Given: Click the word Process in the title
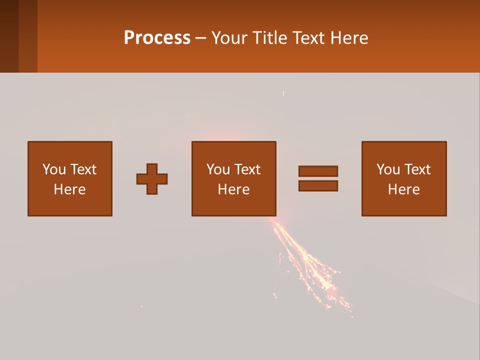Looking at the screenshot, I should (157, 38).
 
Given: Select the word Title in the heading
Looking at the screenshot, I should (270, 38).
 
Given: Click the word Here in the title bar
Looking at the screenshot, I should (350, 38).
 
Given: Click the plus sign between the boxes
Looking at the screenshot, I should (152, 179).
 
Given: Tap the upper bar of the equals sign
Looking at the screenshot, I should (318, 171).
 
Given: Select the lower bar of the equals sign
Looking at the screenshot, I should (318, 186).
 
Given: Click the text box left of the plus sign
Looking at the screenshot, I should (70, 178).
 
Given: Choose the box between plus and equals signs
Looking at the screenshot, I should (234, 178).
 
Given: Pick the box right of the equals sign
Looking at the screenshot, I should (404, 178).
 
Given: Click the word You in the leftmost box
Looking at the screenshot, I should (53, 169).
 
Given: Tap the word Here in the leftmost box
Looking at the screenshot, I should (70, 189).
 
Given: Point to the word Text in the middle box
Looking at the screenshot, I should (247, 169).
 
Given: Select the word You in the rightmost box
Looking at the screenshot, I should (387, 169).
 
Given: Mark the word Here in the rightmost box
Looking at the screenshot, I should (404, 189).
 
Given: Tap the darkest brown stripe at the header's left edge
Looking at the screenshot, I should (9, 36).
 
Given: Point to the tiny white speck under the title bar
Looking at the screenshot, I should (283, 93).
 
